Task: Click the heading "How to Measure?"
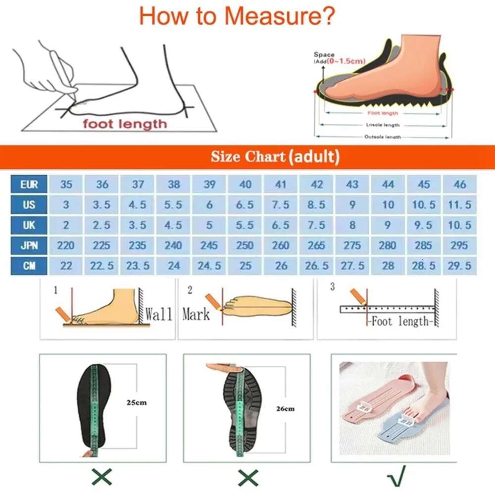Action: (237, 16)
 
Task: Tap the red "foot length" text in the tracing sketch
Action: (125, 123)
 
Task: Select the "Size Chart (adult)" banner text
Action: (275, 157)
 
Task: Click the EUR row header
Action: (29, 185)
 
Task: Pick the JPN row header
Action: (29, 246)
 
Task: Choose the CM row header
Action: (29, 266)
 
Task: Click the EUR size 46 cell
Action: (460, 185)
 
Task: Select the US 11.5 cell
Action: (460, 205)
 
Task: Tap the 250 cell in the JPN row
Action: (246, 246)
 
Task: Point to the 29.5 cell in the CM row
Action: (460, 266)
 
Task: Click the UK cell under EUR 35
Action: (66, 225)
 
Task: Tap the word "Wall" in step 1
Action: (159, 314)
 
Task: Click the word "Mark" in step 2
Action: (196, 314)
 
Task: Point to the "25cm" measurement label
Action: (137, 402)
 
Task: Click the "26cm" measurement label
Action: (286, 408)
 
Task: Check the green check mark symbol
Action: (396, 476)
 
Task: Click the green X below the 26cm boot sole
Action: (247, 477)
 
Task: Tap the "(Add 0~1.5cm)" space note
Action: (340, 61)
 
